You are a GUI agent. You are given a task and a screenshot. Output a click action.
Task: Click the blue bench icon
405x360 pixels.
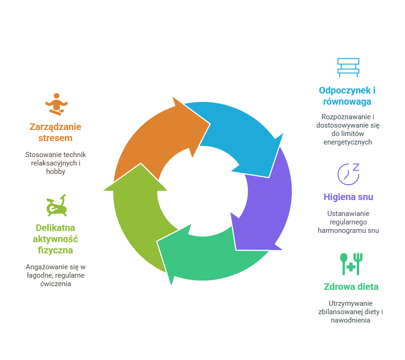pos(348,67)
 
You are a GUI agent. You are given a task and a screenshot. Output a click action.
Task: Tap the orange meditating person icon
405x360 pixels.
pos(57,104)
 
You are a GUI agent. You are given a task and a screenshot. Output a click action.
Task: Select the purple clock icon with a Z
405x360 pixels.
pos(348,173)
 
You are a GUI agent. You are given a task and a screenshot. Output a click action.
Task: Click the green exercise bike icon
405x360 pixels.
pos(56,205)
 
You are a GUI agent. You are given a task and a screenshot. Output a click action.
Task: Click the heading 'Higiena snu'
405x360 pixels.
pos(348,197)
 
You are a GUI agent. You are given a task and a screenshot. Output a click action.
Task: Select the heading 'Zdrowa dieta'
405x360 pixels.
pos(351,287)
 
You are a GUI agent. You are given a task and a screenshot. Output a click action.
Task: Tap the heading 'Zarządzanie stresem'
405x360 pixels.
pos(55,132)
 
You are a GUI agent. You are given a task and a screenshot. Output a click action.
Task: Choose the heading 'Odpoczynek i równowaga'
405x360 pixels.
pos(347,96)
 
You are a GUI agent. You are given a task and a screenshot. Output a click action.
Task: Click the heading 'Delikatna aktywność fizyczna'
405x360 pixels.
pos(56,239)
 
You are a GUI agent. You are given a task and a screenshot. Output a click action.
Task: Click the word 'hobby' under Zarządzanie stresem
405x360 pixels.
pos(56,172)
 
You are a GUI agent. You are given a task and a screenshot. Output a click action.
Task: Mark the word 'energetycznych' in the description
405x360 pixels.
pos(347,142)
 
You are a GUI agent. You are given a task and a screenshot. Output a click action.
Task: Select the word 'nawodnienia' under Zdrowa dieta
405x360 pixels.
pos(351,320)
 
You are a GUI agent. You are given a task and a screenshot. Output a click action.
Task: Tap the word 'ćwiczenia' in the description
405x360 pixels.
pos(56,284)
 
